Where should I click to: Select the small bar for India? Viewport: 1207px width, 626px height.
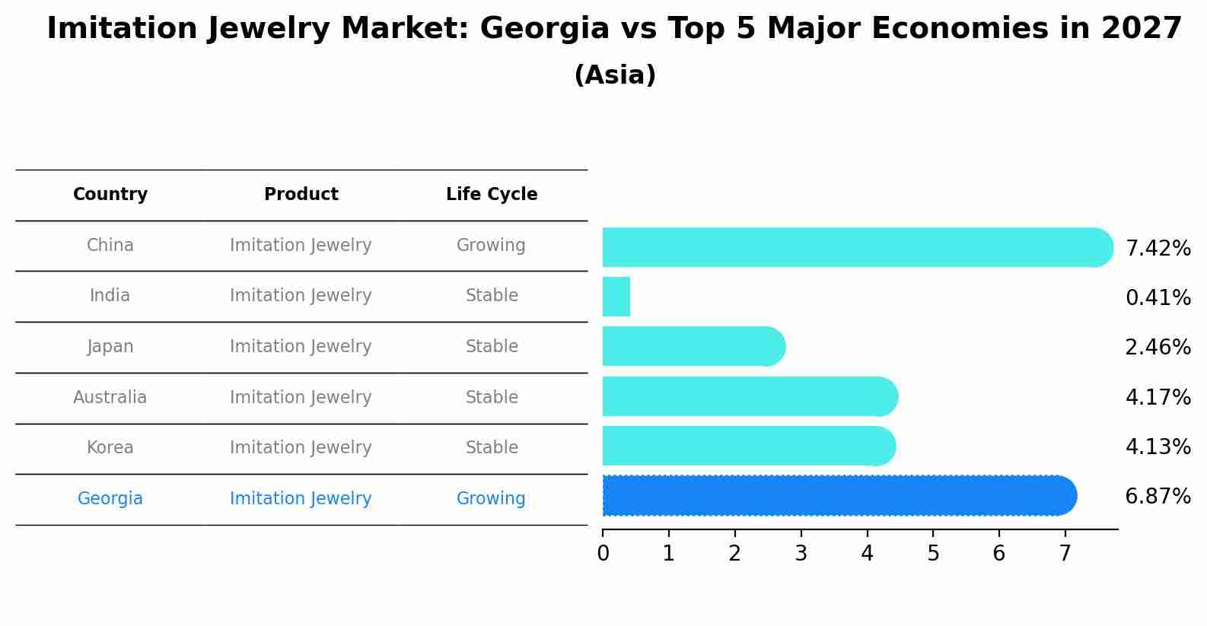point(616,297)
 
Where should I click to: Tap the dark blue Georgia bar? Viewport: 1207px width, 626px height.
point(837,496)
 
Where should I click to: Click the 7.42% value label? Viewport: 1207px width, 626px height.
point(1158,249)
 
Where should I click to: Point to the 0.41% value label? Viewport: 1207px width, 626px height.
point(1158,298)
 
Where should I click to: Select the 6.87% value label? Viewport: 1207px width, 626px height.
point(1158,497)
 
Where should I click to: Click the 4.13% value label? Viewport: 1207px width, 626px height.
point(1158,447)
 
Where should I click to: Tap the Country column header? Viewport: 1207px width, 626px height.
point(110,195)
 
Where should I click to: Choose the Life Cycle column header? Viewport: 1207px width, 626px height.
point(492,195)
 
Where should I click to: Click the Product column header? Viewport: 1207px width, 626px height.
point(301,195)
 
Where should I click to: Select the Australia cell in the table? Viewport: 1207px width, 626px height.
point(110,398)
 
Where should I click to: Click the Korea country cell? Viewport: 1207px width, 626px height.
point(110,448)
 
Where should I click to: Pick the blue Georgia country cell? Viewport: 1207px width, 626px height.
point(110,499)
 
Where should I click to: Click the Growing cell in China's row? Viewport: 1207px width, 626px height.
point(491,246)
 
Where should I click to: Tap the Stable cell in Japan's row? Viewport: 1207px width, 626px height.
point(492,347)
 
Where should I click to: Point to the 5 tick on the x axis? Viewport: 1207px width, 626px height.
point(933,554)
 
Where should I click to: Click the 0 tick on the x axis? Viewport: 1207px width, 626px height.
point(603,554)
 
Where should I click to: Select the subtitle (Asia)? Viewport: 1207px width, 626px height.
point(615,75)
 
